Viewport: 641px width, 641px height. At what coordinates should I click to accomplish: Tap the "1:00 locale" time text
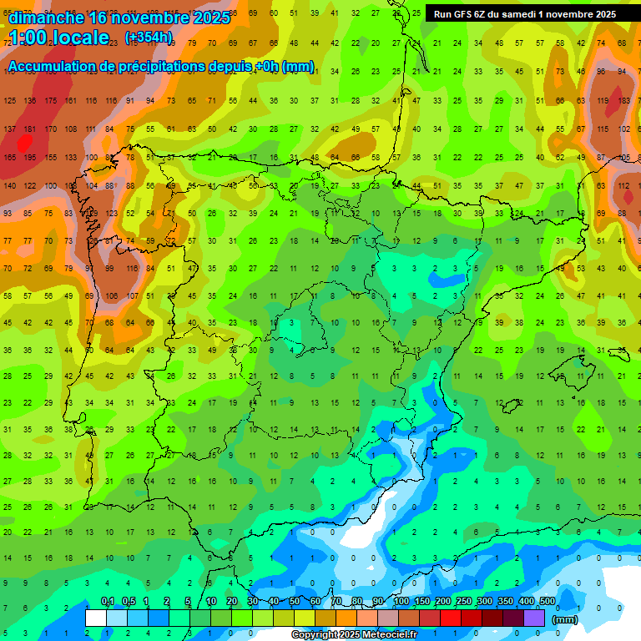59,38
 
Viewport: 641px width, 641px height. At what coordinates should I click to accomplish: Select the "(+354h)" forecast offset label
149,38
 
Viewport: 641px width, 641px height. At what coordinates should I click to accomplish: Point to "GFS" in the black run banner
465,14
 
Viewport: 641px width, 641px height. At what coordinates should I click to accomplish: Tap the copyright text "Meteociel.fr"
390,635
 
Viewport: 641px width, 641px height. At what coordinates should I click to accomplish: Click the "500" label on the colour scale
547,602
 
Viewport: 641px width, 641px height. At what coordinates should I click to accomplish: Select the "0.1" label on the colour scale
108,602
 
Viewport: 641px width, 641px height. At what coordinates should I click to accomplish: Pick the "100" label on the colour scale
401,602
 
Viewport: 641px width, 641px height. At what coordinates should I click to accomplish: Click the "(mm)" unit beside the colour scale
565,619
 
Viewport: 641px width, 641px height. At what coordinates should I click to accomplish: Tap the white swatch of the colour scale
96,618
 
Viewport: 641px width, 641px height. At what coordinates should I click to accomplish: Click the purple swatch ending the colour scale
534,618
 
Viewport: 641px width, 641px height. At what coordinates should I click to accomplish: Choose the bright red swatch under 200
451,618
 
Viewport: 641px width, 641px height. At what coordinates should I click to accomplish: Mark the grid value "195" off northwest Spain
30,157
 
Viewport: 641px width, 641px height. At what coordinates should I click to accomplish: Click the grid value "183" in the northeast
623,101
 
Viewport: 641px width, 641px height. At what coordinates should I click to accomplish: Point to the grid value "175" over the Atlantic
51,101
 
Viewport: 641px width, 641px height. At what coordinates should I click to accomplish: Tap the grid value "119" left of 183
602,101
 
